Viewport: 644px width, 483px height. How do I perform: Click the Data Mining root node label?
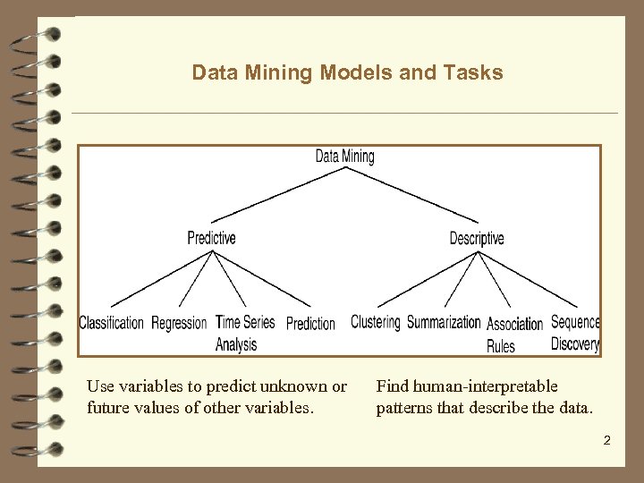point(344,157)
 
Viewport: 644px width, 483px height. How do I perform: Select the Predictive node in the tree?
point(211,238)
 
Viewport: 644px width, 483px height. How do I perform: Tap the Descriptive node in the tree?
point(476,238)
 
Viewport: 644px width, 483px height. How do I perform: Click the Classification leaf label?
point(111,323)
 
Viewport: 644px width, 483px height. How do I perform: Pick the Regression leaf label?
point(179,323)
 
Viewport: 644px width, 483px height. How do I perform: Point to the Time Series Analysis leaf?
point(244,333)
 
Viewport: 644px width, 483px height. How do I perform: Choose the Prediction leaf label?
point(310,323)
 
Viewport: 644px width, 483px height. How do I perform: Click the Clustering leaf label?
point(375,322)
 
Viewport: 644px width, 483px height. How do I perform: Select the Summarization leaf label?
point(444,322)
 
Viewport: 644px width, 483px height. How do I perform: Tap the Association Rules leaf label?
point(514,334)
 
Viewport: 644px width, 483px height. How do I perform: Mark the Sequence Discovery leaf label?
point(574,333)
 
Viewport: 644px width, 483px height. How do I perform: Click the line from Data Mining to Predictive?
point(277,194)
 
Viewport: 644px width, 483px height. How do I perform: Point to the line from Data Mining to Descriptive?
point(411,194)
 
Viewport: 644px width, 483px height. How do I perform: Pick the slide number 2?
point(606,440)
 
